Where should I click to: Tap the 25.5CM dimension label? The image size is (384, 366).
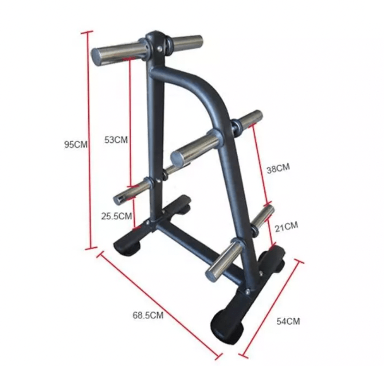click(117, 216)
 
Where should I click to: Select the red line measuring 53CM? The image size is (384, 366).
click(131, 124)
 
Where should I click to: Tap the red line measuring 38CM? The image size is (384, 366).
click(261, 164)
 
